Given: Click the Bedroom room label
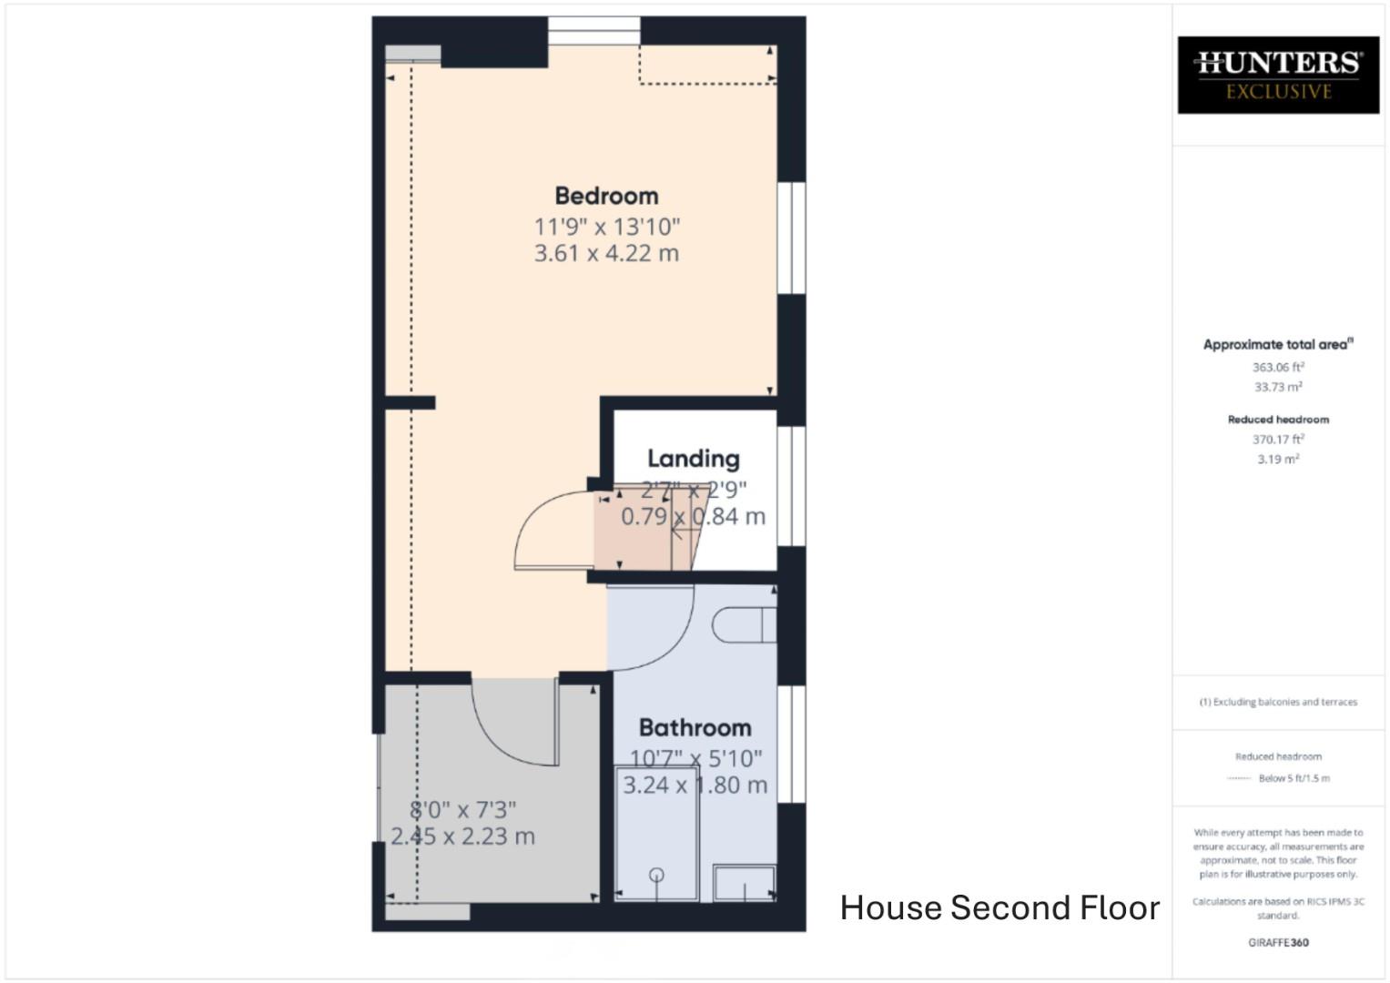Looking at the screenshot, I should click(x=606, y=196).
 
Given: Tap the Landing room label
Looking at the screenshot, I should click(x=693, y=459).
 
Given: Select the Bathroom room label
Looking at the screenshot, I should click(x=695, y=727).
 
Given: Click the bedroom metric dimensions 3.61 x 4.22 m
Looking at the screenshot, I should click(x=606, y=253).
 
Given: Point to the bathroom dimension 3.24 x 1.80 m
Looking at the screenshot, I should click(x=695, y=785).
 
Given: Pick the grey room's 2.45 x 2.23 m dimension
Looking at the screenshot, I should click(x=462, y=836).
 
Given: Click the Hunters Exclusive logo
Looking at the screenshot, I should click(x=1278, y=76).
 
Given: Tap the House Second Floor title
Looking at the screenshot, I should click(x=999, y=907).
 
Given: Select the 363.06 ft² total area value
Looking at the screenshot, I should click(x=1278, y=368).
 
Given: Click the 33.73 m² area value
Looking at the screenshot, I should click(x=1278, y=387).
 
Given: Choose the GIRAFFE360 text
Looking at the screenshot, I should click(x=1278, y=943).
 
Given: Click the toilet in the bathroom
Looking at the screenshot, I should click(x=743, y=625).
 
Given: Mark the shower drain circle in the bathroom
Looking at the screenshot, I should click(x=656, y=876).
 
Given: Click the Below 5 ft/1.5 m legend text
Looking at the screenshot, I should click(x=1294, y=778).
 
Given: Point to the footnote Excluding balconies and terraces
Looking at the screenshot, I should click(x=1278, y=702).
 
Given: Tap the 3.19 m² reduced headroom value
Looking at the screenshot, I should click(x=1278, y=460).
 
